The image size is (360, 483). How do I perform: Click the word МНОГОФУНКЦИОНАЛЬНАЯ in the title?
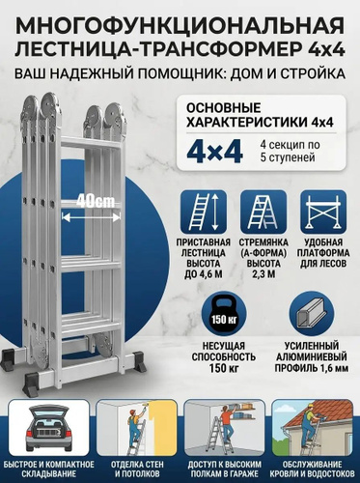click(180, 26)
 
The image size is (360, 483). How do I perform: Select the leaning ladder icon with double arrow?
click(204, 212)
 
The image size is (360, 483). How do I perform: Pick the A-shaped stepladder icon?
click(263, 212)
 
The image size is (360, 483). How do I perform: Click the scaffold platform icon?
click(323, 212)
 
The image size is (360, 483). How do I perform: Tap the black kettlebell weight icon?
click(224, 314)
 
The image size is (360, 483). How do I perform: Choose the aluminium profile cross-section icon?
click(312, 314)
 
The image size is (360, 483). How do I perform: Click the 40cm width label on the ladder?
click(96, 202)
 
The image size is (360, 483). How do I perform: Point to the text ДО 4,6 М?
click(204, 274)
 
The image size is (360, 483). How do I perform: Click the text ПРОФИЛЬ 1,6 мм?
click(312, 368)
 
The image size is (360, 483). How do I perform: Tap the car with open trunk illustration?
click(49, 428)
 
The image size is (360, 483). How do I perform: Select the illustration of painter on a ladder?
click(137, 428)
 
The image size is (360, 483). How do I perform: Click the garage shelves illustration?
click(224, 428)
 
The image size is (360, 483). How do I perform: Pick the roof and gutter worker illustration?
click(312, 428)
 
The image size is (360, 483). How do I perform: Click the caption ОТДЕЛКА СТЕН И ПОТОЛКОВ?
click(137, 469)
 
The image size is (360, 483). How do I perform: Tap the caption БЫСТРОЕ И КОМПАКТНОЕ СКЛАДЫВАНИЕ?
click(49, 469)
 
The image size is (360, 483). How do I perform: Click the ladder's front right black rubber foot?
click(140, 362)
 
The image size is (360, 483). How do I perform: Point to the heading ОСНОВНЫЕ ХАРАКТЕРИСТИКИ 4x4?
click(260, 115)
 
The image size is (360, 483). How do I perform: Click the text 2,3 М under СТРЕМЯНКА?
click(263, 274)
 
